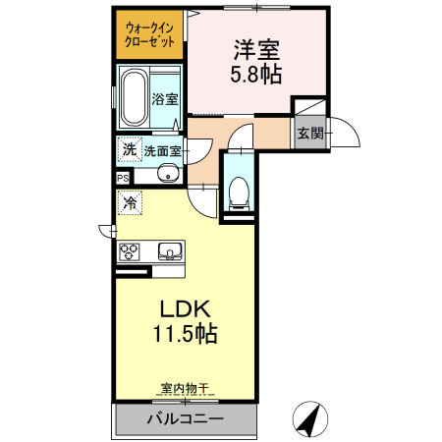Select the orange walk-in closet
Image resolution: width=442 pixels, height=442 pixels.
tap(150, 37)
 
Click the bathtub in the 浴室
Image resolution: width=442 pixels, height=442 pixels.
tap(135, 99)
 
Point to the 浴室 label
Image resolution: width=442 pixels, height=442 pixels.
tap(165, 99)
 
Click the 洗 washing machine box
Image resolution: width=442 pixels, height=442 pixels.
tap(129, 150)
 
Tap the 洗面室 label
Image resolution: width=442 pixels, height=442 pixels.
tap(163, 151)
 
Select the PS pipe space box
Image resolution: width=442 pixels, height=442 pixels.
tap(123, 178)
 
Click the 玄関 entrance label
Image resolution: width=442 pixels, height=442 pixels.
tap(310, 133)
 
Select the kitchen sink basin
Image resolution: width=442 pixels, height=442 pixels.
tap(170, 250)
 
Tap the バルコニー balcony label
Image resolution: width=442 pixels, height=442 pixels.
tap(186, 419)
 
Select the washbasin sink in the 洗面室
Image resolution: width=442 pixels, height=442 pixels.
tap(168, 175)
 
